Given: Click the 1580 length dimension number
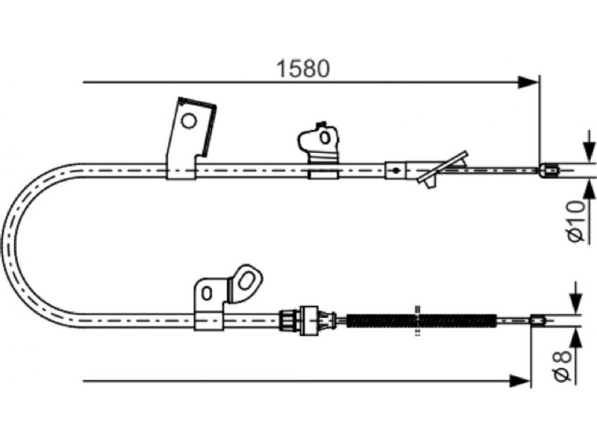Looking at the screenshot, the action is click(x=303, y=69).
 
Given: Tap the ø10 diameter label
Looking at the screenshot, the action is click(x=575, y=221).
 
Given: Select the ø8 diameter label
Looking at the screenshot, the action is click(x=563, y=366).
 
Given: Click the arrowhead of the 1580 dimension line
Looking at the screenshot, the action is click(x=528, y=82).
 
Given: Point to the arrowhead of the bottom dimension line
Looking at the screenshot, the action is click(x=519, y=381).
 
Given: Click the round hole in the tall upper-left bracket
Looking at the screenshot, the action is click(x=189, y=122).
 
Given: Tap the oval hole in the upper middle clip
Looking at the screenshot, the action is click(x=325, y=137).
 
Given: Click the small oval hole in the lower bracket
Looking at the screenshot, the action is click(x=207, y=293).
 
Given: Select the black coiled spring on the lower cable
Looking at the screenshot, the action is click(x=422, y=320).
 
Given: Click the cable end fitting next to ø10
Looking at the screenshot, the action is click(x=549, y=169).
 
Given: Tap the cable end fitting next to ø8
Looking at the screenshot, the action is click(x=537, y=320).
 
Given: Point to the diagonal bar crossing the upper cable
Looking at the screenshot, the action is click(x=443, y=167).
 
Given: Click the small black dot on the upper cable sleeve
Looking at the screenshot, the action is click(x=396, y=170).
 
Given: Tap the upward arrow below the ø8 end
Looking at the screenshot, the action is click(x=576, y=346).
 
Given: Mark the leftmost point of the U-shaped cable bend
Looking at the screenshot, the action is click(x=3, y=244).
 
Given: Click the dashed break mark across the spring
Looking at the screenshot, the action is click(x=418, y=320).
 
